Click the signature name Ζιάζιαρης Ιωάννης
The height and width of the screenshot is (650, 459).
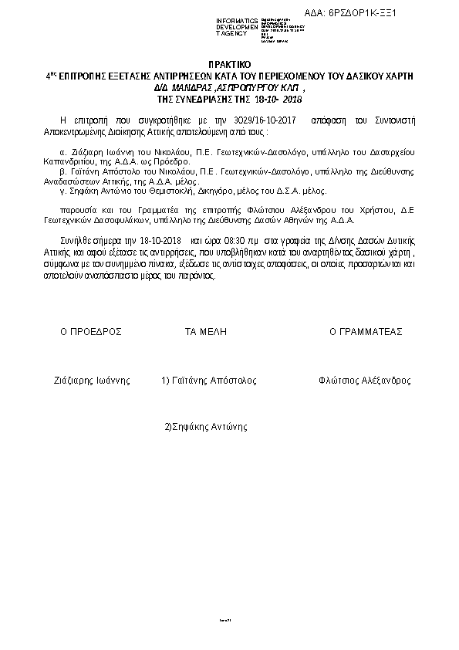(91, 381)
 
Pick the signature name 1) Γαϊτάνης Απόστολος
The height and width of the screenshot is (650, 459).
(208, 381)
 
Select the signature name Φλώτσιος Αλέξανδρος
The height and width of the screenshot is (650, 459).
(364, 381)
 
